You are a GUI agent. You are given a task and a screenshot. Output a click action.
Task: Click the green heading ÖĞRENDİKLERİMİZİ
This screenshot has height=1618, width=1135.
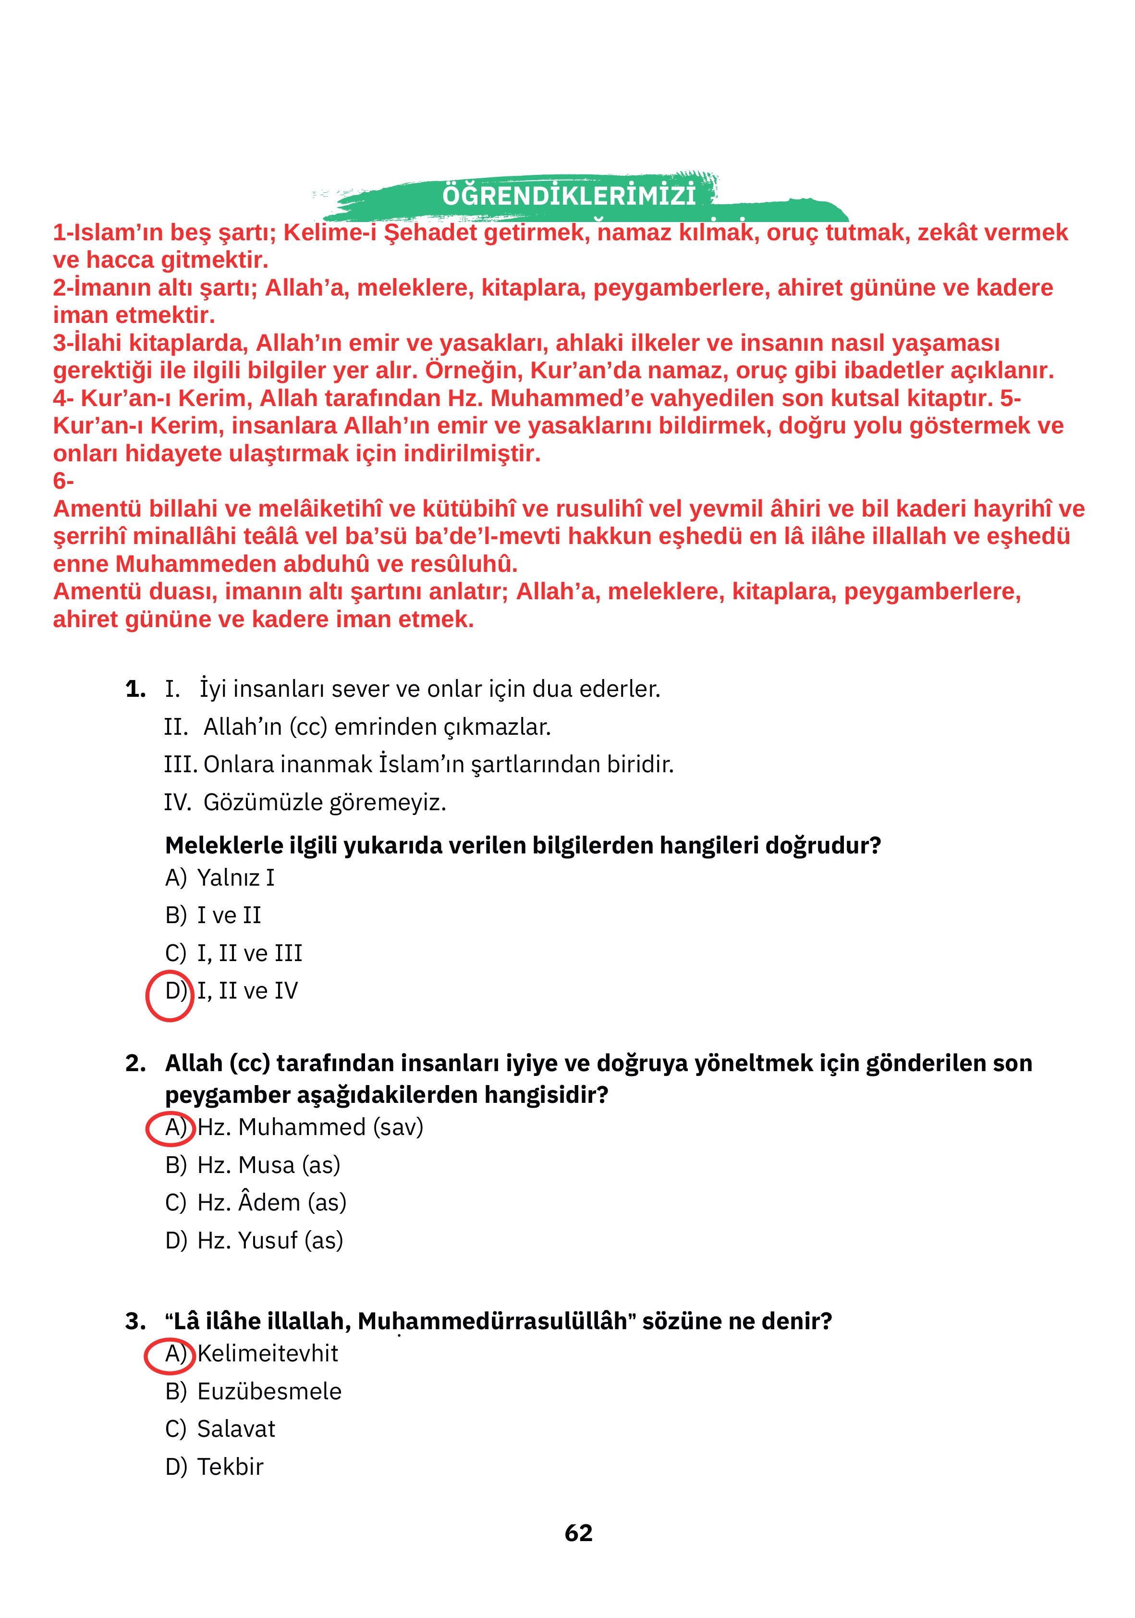point(568,195)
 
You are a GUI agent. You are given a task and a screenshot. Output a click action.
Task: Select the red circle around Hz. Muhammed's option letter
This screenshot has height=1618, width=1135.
point(170,1127)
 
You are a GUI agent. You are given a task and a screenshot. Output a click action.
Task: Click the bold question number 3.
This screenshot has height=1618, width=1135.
point(135,1321)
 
